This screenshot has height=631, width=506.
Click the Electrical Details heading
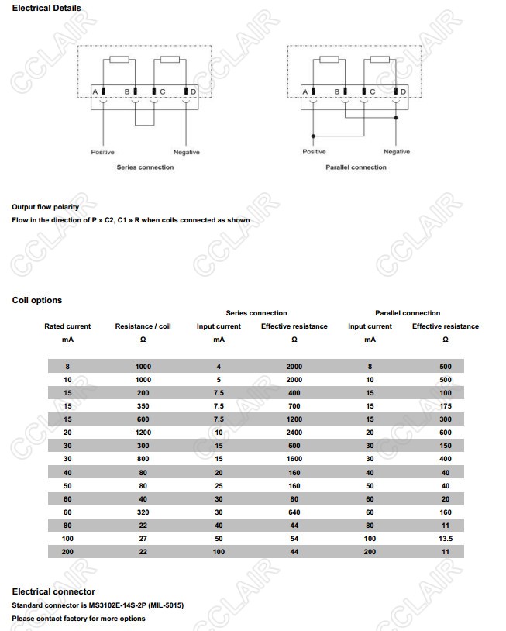click(46, 9)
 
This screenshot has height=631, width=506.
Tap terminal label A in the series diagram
click(95, 92)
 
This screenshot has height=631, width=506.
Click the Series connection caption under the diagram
click(145, 167)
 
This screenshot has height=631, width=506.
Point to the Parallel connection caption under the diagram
click(356, 167)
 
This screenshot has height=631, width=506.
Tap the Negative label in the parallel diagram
click(397, 152)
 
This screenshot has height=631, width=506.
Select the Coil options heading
click(37, 300)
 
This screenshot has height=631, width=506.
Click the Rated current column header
click(67, 326)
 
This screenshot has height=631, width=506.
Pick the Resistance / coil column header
click(143, 326)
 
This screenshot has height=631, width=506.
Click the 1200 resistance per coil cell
click(143, 433)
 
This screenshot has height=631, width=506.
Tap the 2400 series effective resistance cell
click(294, 433)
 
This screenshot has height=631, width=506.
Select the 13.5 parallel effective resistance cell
click(446, 538)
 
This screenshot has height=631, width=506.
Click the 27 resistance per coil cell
click(143, 538)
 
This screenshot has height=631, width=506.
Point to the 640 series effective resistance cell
click(294, 512)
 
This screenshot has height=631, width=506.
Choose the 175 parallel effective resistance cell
click(446, 406)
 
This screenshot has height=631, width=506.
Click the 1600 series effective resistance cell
click(294, 459)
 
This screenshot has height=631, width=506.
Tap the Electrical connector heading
click(53, 591)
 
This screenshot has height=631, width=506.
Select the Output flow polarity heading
click(46, 207)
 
